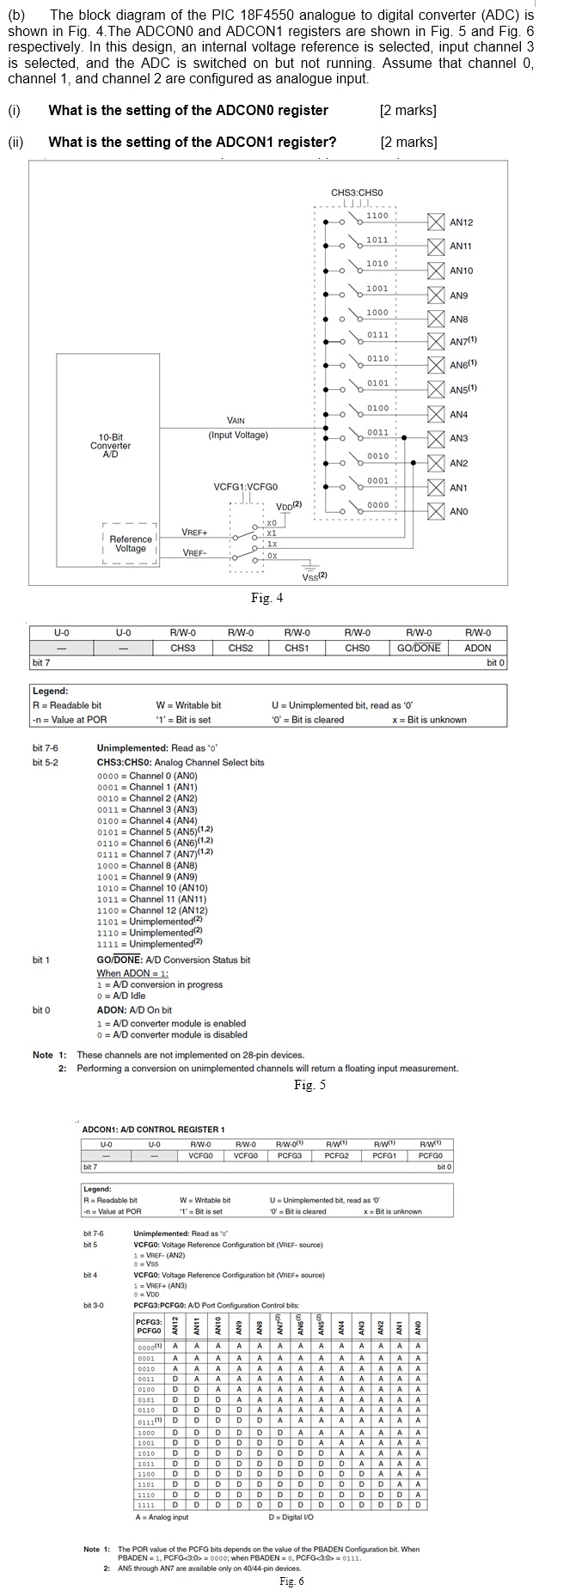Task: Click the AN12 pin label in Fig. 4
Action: point(461,222)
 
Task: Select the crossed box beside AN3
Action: point(435,438)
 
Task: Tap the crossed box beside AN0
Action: point(435,511)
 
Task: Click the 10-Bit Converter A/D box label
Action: point(110,446)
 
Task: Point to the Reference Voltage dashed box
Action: point(130,544)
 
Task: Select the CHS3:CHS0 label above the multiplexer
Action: point(356,192)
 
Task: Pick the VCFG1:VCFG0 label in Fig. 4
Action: point(246,487)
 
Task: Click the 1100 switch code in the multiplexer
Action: point(377,216)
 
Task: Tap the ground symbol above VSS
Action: point(309,565)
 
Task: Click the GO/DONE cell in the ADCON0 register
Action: point(418,648)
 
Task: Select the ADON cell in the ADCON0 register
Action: point(478,648)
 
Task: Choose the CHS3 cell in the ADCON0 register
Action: point(182,648)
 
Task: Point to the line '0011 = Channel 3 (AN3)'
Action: point(147,809)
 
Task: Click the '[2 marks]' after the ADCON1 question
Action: point(408,142)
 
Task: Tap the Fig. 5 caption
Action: point(309,1085)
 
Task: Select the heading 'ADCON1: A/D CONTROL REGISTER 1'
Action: point(153,1129)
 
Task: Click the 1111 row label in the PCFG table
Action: point(146,1504)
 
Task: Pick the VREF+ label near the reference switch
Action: point(194,533)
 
